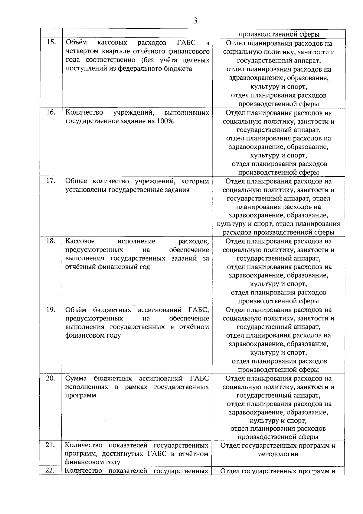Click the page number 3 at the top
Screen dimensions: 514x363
click(195, 21)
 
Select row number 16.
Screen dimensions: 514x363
click(51, 112)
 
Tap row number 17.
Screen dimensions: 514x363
click(51, 181)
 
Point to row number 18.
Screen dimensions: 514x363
click(51, 241)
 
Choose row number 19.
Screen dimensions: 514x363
click(51, 309)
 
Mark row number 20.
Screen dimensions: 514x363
click(51, 378)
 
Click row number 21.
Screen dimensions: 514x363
click(50, 445)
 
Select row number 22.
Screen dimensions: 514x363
click(50, 470)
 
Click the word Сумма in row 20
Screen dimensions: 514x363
click(76, 378)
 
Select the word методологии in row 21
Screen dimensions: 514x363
click(278, 454)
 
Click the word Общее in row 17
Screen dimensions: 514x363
click(76, 181)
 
